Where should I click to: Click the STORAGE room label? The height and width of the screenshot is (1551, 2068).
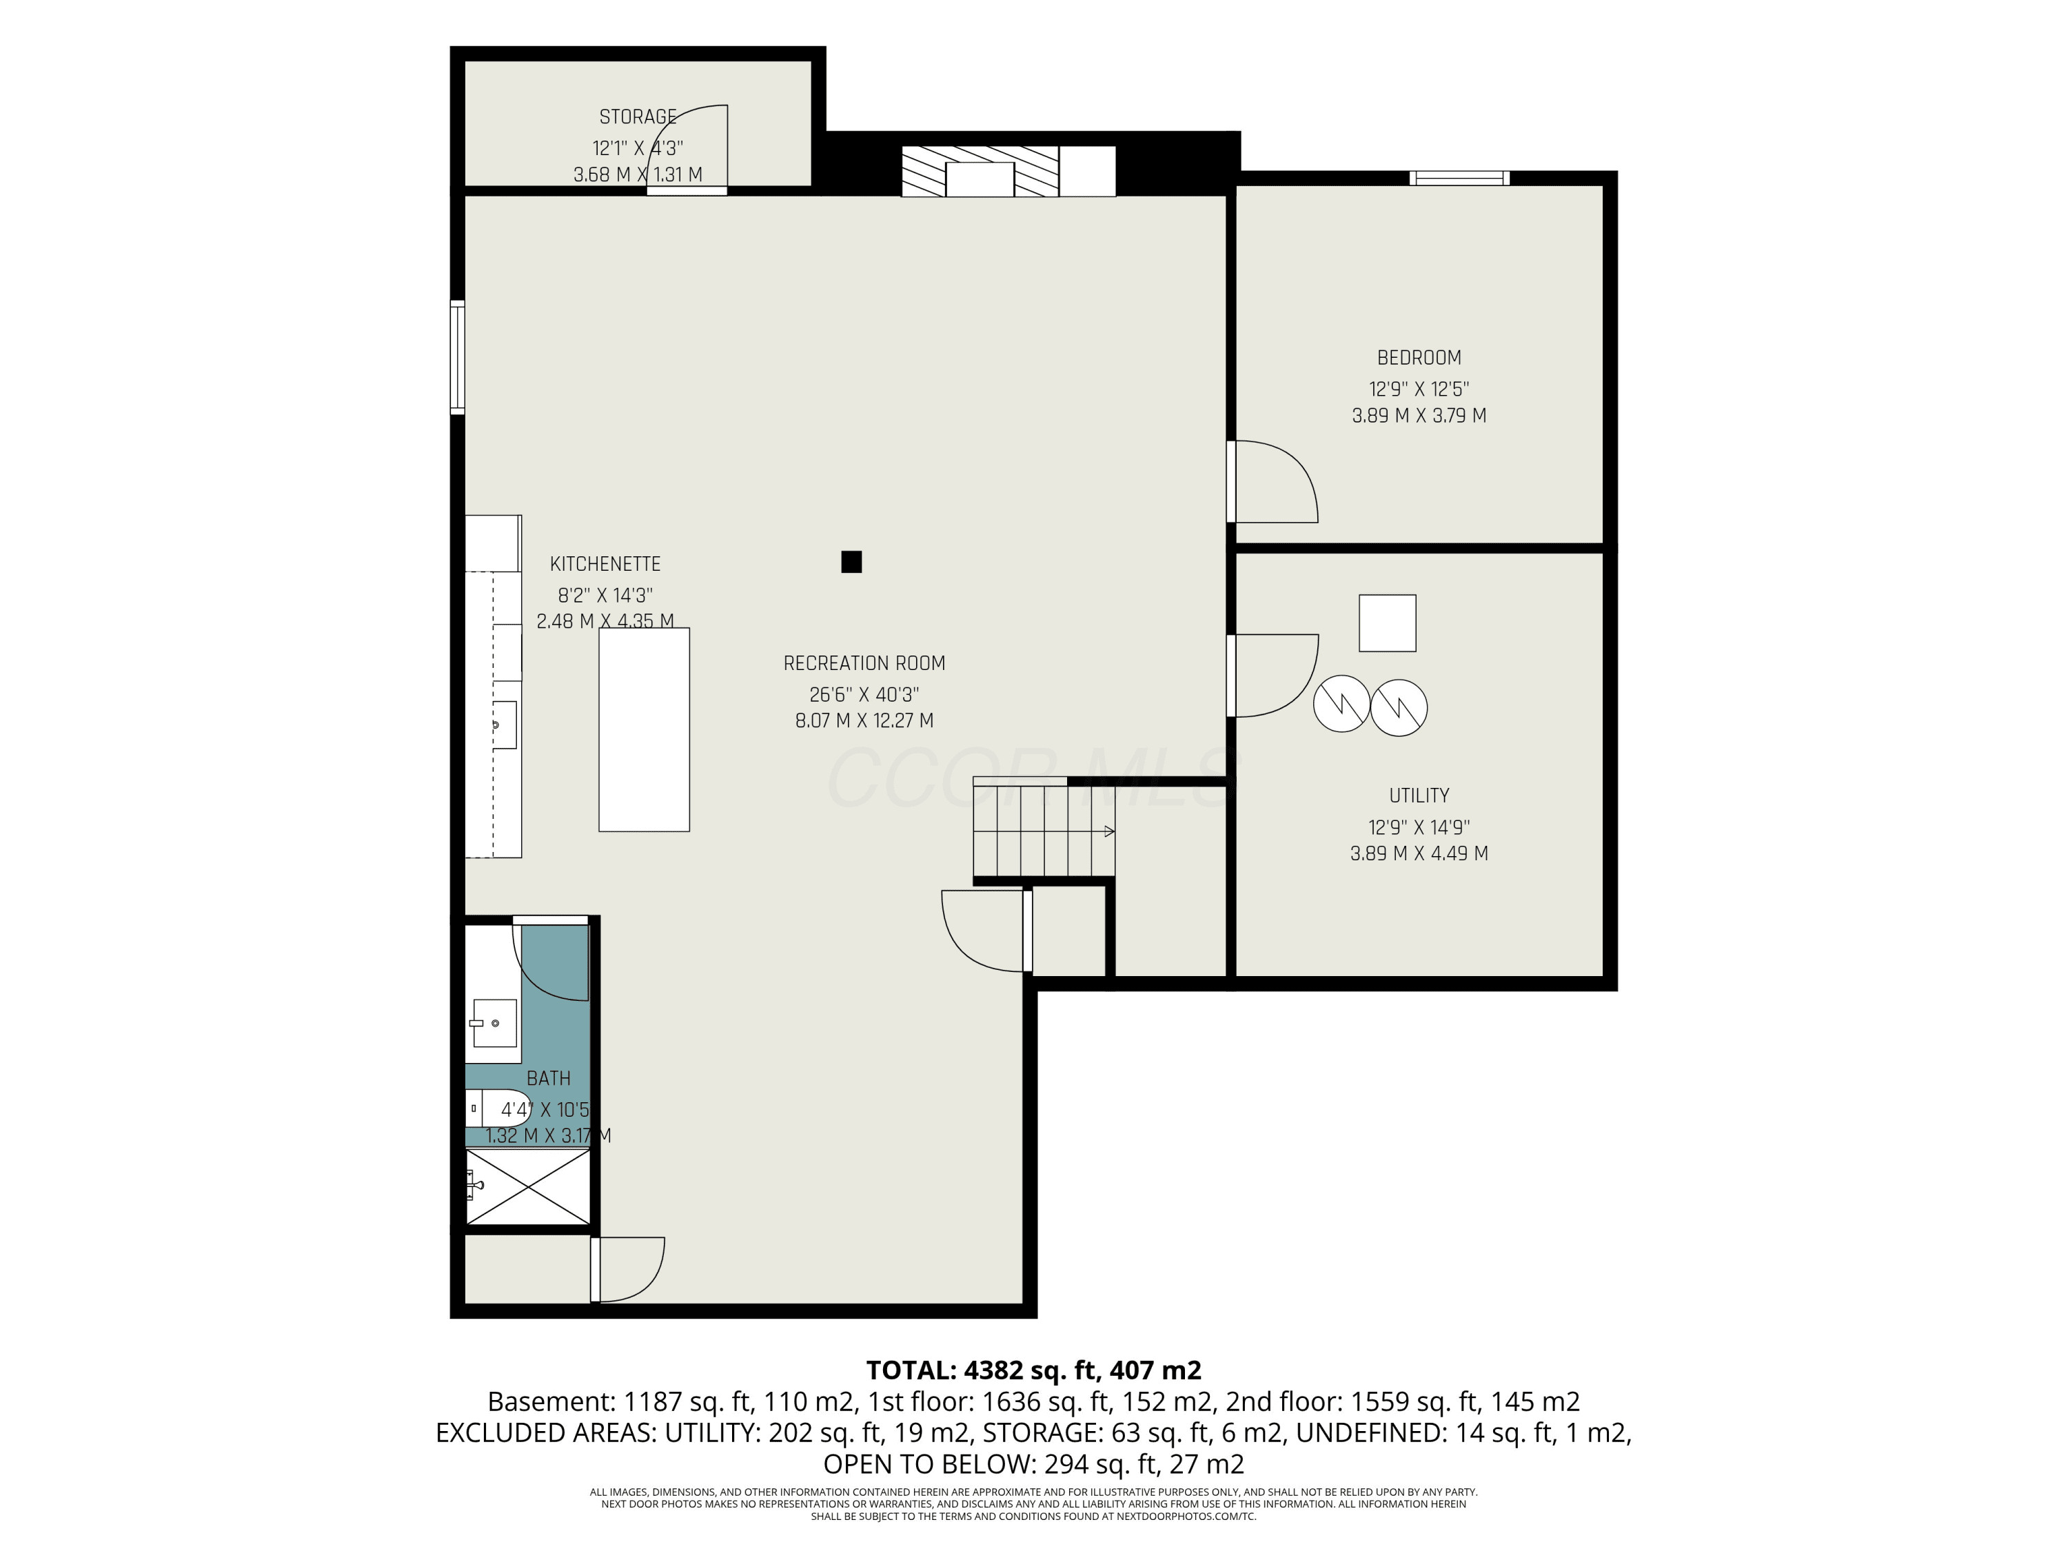pos(638,117)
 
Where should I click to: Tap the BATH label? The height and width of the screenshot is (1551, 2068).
pos(549,1079)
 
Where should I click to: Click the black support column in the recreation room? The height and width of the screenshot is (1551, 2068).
pos(851,562)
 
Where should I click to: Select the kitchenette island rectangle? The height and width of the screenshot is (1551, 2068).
pos(644,729)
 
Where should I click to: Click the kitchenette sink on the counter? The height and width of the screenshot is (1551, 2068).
pos(504,724)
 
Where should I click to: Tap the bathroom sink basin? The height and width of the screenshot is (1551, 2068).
pos(494,1024)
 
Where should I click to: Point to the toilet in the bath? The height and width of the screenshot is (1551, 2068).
pos(498,1108)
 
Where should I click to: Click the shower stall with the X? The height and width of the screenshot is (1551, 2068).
pos(528,1186)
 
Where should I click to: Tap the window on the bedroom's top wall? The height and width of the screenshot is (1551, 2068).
pos(1459,178)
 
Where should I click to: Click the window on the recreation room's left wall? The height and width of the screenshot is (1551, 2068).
pos(457,357)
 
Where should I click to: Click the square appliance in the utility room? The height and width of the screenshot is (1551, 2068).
pos(1388,622)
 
